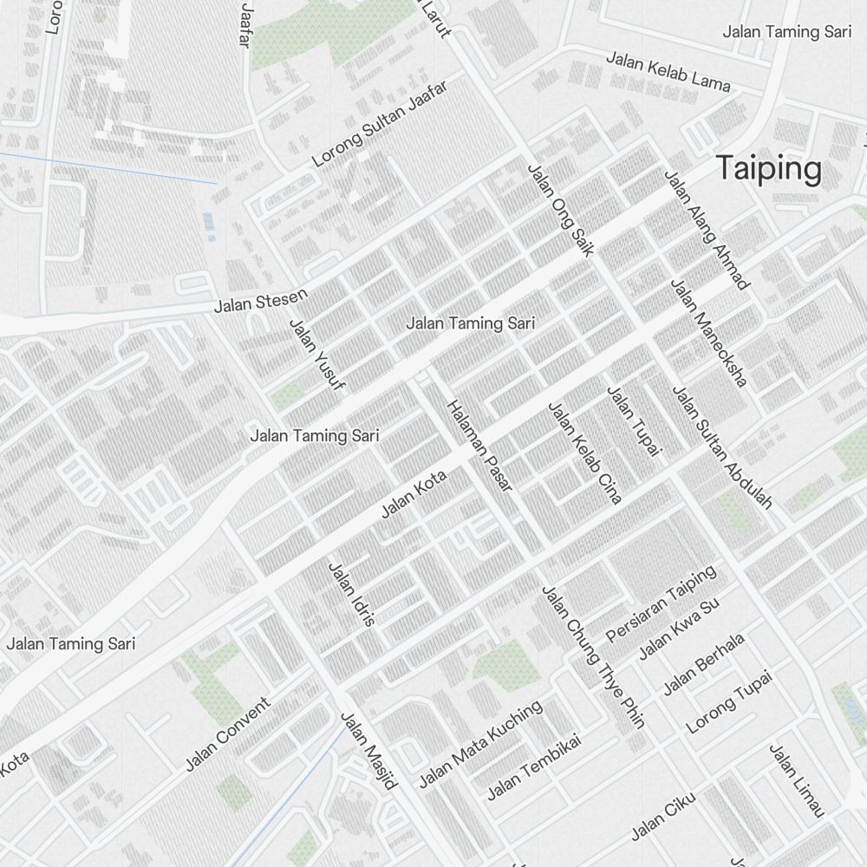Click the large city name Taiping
click(x=769, y=169)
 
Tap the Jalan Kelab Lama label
click(x=668, y=71)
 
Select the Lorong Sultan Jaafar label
click(x=379, y=124)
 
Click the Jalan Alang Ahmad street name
click(x=706, y=229)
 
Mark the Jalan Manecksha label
click(x=708, y=333)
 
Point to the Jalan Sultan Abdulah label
click(x=722, y=447)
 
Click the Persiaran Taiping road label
click(x=662, y=603)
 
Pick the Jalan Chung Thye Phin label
click(x=593, y=656)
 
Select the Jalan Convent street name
click(x=228, y=733)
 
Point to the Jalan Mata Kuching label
click(x=480, y=744)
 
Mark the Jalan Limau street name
click(x=795, y=780)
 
